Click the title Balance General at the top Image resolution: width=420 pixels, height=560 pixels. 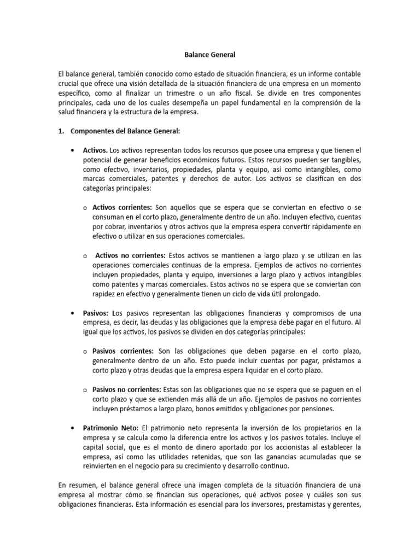[x=210, y=55]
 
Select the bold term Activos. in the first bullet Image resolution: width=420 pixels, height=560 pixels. [x=96, y=149]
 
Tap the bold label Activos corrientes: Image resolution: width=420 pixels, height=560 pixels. [x=122, y=207]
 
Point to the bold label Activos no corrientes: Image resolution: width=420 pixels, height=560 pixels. [x=130, y=255]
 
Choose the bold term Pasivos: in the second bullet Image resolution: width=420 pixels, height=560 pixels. [x=96, y=313]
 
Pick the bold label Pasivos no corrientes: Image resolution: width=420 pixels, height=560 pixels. [x=127, y=389]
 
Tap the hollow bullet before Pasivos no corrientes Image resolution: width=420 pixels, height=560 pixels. [x=85, y=390]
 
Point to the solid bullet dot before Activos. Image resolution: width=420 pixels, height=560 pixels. [x=72, y=150]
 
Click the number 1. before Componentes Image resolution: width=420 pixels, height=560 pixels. [x=61, y=131]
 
